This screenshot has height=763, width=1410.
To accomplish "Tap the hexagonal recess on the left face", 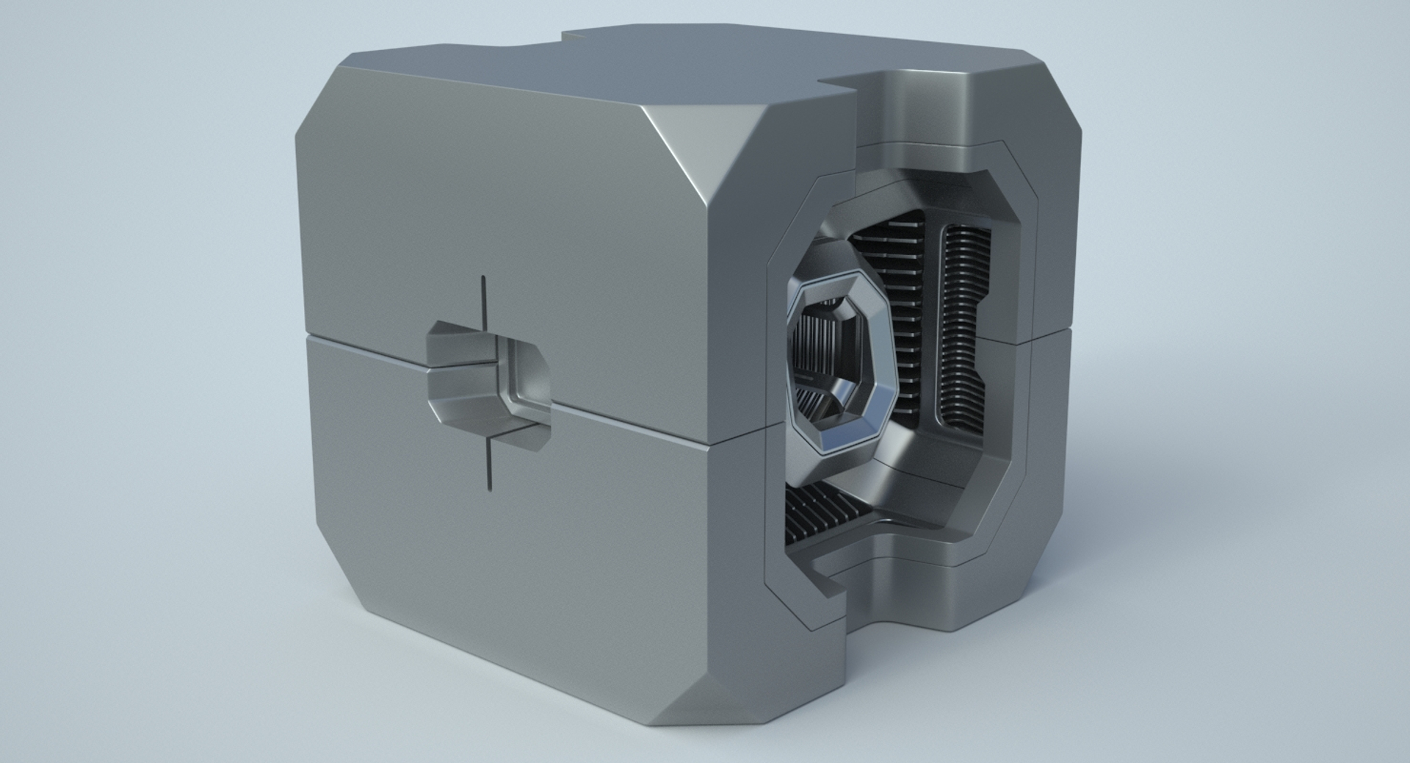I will (x=488, y=382).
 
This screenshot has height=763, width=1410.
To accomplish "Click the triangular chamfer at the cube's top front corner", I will (x=705, y=147).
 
